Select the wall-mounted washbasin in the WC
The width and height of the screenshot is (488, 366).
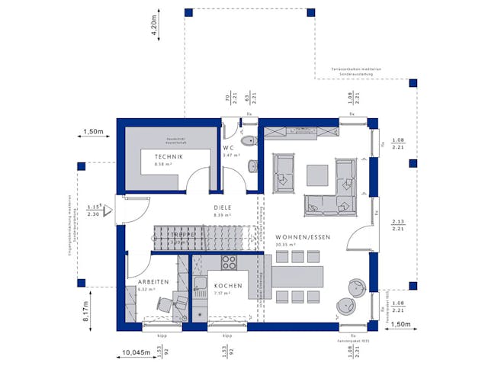tap(253, 163)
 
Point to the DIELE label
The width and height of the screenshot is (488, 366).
tap(223, 207)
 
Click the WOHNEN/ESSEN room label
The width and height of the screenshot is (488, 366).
tap(303, 237)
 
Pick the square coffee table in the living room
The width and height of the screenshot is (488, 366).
tap(317, 175)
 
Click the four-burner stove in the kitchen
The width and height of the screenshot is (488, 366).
tap(228, 262)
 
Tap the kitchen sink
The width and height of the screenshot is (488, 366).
tap(201, 287)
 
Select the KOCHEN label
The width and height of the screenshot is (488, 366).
tap(228, 285)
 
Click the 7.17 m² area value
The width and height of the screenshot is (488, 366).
tap(223, 293)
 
